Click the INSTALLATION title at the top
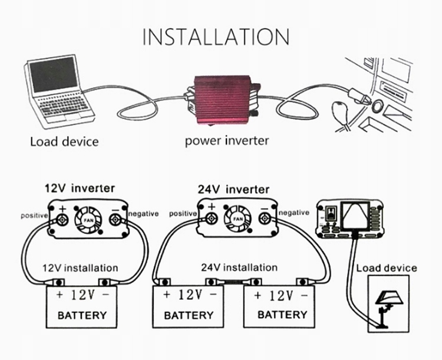[216, 36]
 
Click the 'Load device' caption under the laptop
[64, 141]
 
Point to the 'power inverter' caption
[227, 141]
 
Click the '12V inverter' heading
[80, 189]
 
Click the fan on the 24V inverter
[238, 219]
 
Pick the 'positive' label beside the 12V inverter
[34, 215]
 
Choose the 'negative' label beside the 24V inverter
[293, 213]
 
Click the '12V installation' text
[80, 268]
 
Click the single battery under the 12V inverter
[82, 305]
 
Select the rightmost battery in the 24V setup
[282, 305]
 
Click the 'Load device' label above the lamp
[387, 269]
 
